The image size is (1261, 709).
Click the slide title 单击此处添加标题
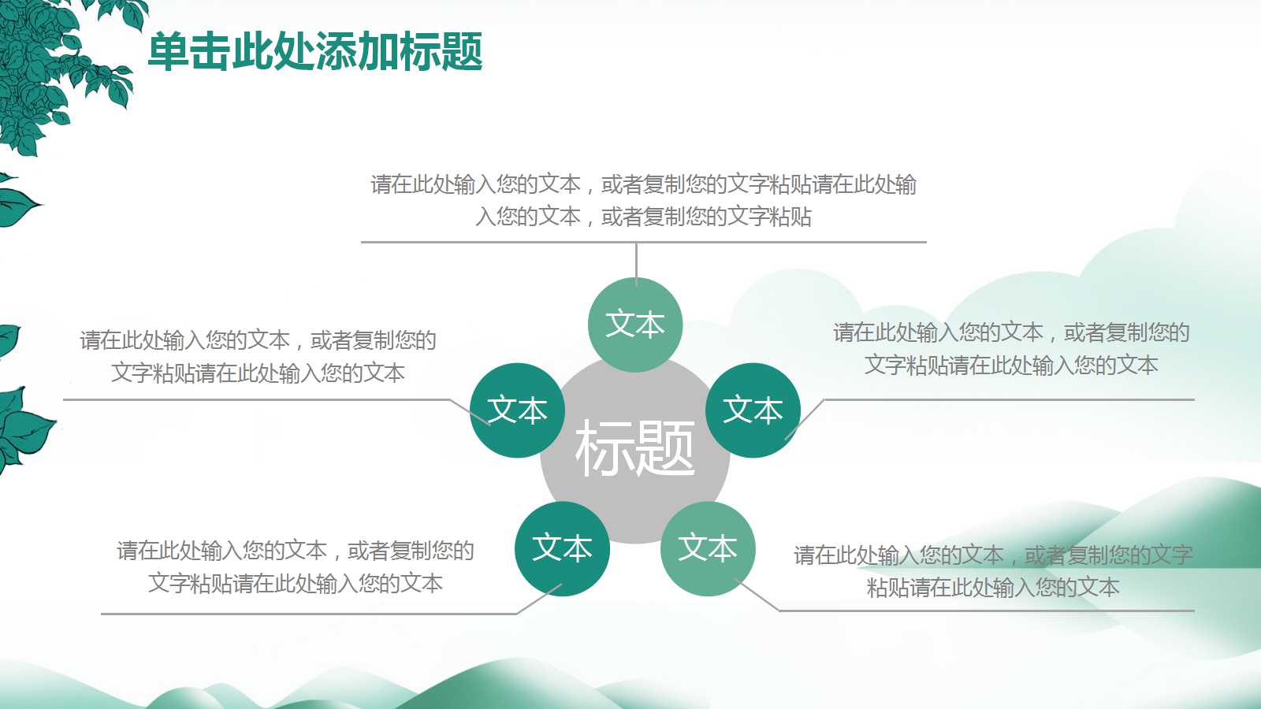pos(315,52)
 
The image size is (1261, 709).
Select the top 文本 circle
pos(635,325)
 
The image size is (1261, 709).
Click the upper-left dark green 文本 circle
pos(517,410)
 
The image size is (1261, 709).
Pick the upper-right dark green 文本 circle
pos(753,410)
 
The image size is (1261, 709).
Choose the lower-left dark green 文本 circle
pos(562,548)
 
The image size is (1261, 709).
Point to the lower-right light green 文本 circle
pos(708,548)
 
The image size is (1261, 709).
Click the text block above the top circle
pos(643,200)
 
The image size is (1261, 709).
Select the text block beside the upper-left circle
pos(258,356)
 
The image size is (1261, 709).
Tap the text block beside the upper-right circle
pos(1011,349)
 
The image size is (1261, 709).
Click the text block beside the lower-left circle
pos(296,566)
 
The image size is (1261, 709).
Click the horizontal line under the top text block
pos(473,242)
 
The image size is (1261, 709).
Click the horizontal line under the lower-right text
pos(985,610)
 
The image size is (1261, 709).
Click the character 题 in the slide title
pos(462,52)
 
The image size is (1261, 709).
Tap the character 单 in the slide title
pos(169,52)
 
